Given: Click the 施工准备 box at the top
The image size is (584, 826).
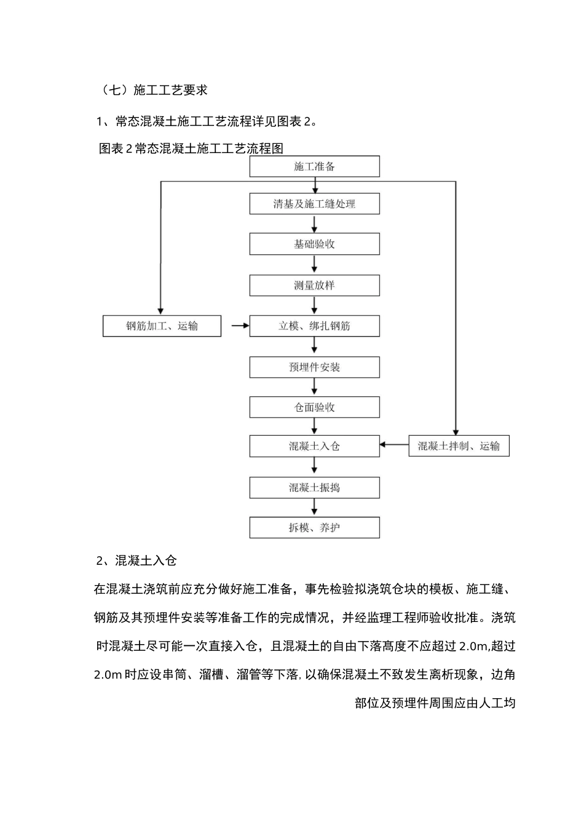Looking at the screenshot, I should coord(314,167).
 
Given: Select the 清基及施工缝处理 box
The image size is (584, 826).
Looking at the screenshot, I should coord(314,204).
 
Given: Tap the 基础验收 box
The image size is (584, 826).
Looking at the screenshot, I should coord(314,244).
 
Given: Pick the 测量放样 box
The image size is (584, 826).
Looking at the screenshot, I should coord(314,285).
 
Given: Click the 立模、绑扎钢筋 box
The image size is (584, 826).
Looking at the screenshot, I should coord(314,326).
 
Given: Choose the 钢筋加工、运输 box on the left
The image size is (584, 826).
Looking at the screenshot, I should coord(162,326).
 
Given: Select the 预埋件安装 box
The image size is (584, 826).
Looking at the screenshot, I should coord(314,367).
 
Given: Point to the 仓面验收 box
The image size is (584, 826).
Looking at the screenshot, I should coord(314,407).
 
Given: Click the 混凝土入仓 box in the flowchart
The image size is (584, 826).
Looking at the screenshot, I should coord(314,446).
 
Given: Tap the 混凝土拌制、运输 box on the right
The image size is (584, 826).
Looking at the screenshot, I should coord(459,446).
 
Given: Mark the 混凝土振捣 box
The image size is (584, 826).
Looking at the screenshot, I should coord(314,487).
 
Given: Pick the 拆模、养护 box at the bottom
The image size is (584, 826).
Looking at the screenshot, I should coord(314,527).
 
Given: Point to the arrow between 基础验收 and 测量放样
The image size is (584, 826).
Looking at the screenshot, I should coord(315,265).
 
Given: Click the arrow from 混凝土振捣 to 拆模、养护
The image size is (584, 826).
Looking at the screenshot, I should coord(315,507).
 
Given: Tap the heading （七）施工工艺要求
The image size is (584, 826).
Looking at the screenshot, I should coord(156,90).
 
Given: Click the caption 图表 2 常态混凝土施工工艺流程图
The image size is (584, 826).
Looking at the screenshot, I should coord(191,149).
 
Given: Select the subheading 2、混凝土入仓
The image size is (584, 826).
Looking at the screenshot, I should coord(136,560).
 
